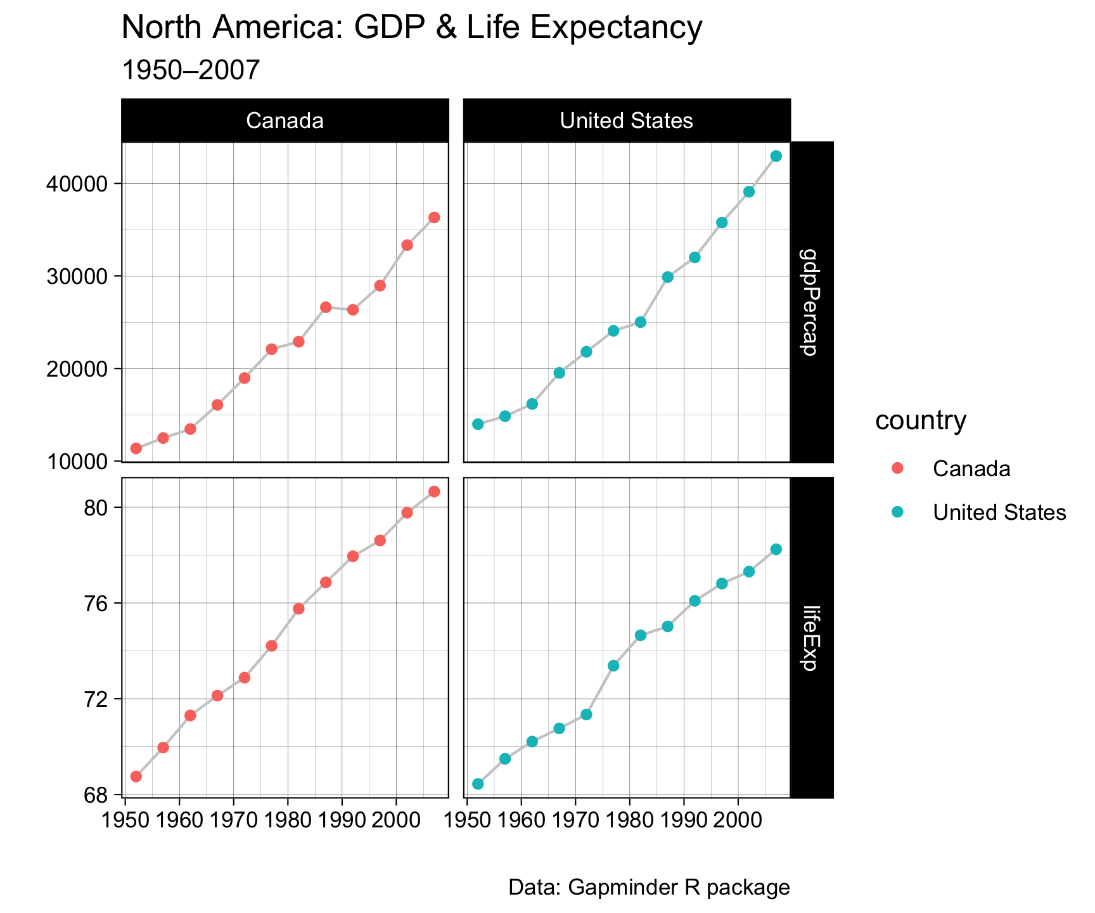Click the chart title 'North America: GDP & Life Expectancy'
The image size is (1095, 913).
coord(411,28)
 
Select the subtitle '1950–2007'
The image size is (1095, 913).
coord(190,70)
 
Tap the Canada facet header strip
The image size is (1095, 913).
coord(285,120)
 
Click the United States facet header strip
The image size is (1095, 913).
coord(627,120)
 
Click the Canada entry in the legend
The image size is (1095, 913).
coord(971,469)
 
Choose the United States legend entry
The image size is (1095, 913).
coord(999,512)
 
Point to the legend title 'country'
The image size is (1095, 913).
coord(921,420)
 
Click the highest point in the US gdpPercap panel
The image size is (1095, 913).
coord(776,156)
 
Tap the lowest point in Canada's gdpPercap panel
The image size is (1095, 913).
coord(136,448)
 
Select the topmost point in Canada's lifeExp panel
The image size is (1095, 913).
coord(434,491)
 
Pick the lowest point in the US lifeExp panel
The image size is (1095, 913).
coord(478,784)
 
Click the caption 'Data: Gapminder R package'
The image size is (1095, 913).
coord(649,888)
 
